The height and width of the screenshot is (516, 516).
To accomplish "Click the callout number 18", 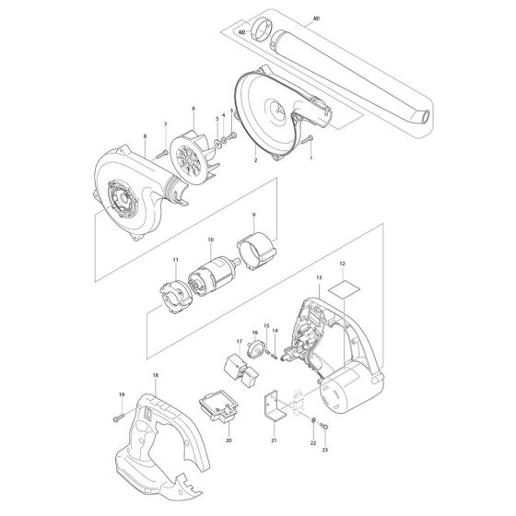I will coord(155,377).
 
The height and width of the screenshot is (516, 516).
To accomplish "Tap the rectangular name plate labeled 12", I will coord(344,286).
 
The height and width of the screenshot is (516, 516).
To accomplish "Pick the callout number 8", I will coord(145,136).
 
